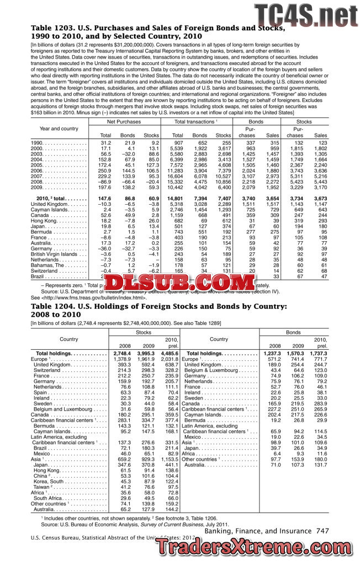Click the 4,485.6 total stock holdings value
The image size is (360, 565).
coord(167,353)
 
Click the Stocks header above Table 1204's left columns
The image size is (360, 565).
coord(142,333)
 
